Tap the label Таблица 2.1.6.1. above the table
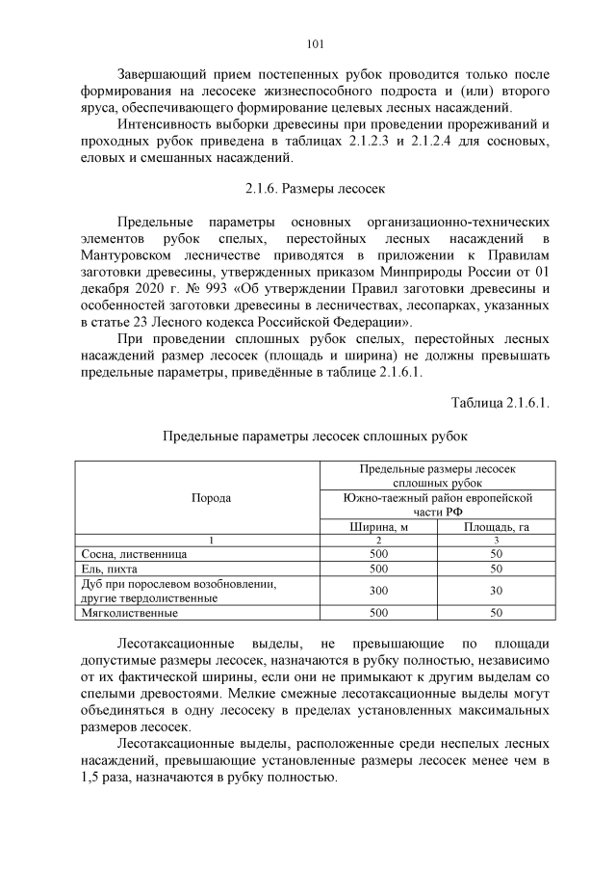click(x=500, y=401)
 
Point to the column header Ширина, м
click(x=377, y=527)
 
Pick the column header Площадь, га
click(x=496, y=527)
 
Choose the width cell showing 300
click(x=377, y=591)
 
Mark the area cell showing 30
click(x=496, y=591)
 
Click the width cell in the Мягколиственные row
click(x=377, y=612)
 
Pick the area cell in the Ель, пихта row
click(x=496, y=569)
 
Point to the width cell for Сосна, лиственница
click(x=377, y=555)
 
